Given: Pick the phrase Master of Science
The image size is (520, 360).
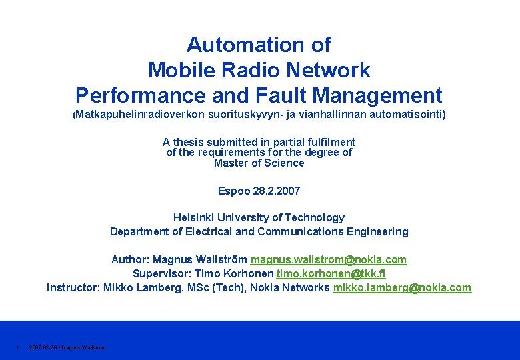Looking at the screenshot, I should tap(259, 163).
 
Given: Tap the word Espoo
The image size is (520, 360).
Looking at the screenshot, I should tap(234, 191).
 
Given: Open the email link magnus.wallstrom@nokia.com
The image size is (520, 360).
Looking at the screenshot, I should tap(329, 259).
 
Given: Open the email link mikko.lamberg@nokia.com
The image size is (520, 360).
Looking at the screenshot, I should tap(402, 287).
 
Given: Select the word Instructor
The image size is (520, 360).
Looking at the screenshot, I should tap(72, 287).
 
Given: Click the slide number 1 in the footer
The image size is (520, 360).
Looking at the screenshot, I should tap(17, 347).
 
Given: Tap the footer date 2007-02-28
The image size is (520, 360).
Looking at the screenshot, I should tap(42, 347).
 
